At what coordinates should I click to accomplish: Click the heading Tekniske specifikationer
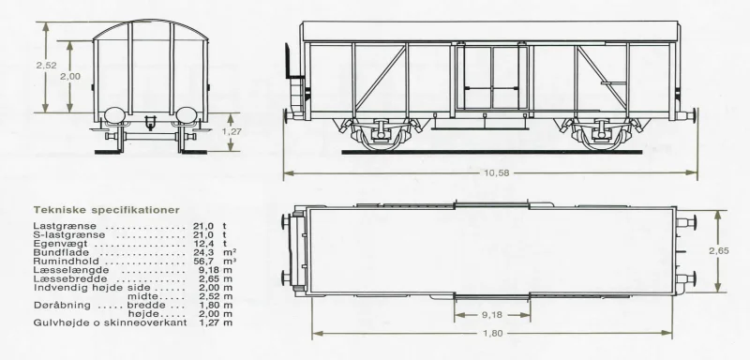click(x=107, y=210)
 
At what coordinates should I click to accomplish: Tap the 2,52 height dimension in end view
click(x=46, y=66)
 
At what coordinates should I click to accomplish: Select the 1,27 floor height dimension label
click(x=232, y=132)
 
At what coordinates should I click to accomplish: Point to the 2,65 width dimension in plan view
click(x=719, y=251)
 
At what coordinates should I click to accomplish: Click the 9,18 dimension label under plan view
click(x=492, y=315)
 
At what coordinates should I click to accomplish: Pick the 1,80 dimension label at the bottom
click(x=493, y=333)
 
